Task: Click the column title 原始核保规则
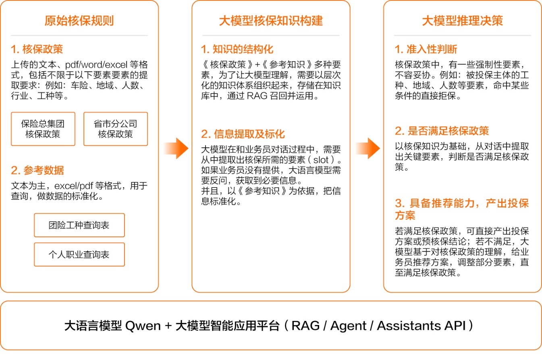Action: tap(79, 21)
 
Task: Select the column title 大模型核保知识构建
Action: tap(271, 21)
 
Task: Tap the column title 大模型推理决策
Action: tap(462, 21)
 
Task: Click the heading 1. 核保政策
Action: tap(37, 49)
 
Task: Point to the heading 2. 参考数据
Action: tap(37, 170)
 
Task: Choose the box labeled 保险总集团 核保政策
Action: tap(43, 129)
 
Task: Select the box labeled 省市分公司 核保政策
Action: tap(116, 129)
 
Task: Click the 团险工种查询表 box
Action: tap(79, 225)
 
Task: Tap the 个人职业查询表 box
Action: tap(79, 254)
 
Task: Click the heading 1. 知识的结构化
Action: tap(237, 49)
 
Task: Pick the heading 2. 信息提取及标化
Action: tap(243, 134)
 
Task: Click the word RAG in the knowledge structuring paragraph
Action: tap(257, 96)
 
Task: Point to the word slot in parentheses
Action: tap(321, 160)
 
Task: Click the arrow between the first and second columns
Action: tap(176, 148)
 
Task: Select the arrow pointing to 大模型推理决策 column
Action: tap(368, 148)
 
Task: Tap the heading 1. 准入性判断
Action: tap(426, 49)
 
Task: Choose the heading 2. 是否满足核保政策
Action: tap(442, 131)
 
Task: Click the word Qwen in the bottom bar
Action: tap(143, 326)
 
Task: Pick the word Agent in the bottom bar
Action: tap(349, 326)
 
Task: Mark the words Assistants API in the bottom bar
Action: tap(422, 326)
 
